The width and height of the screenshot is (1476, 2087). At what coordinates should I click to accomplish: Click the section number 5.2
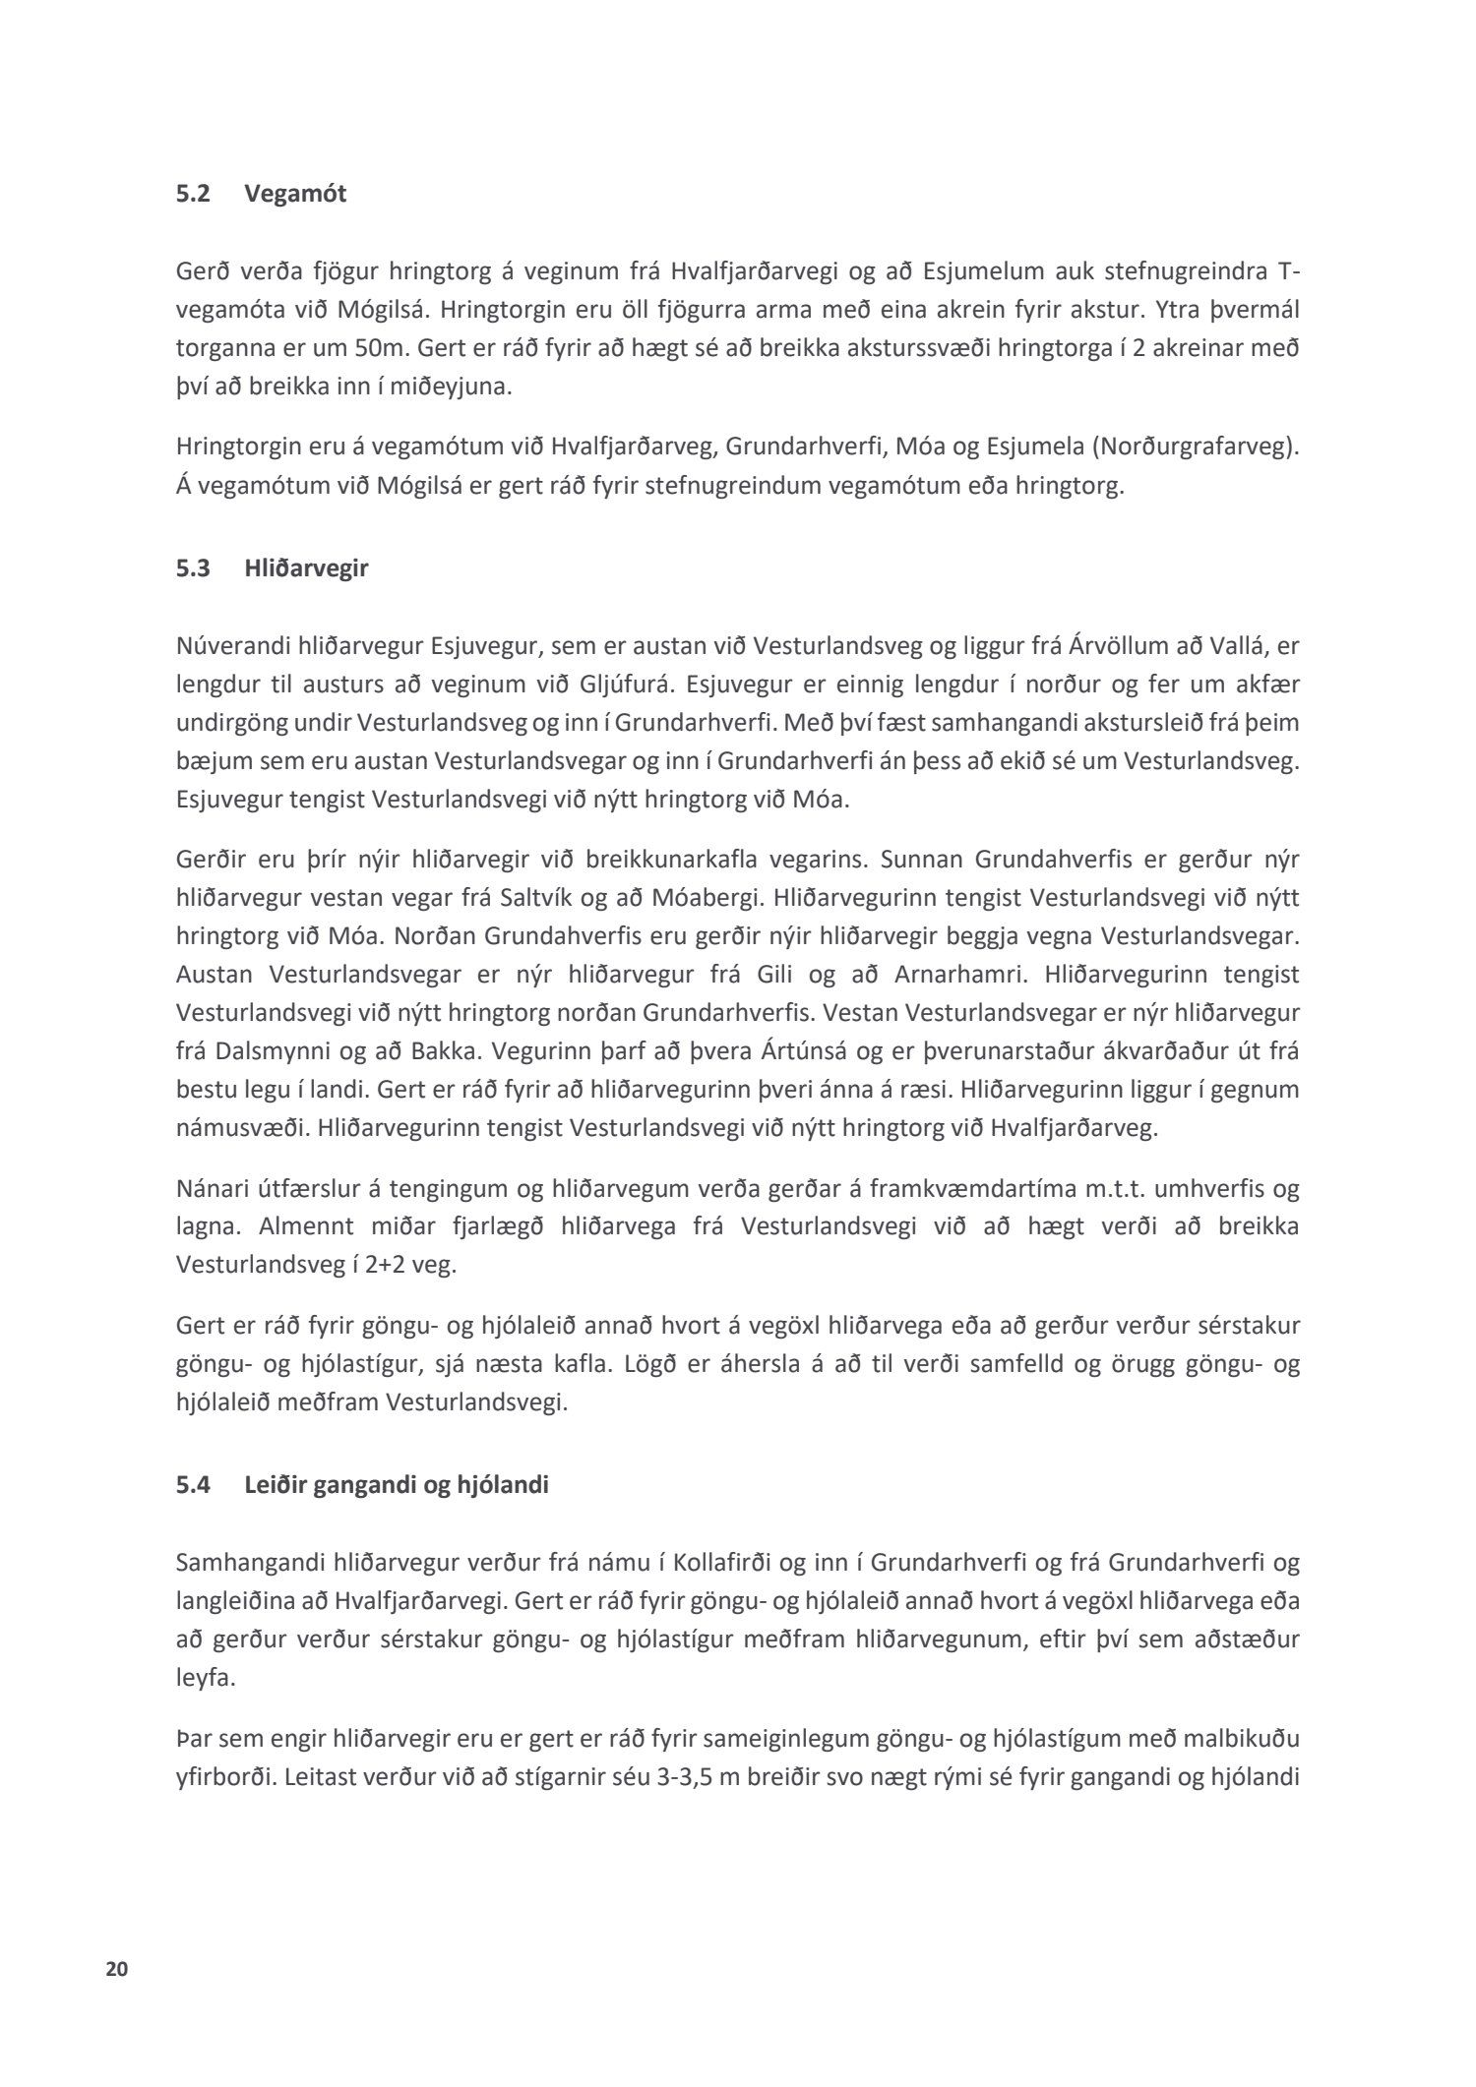click(194, 194)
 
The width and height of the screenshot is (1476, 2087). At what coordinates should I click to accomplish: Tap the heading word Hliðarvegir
click(306, 567)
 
